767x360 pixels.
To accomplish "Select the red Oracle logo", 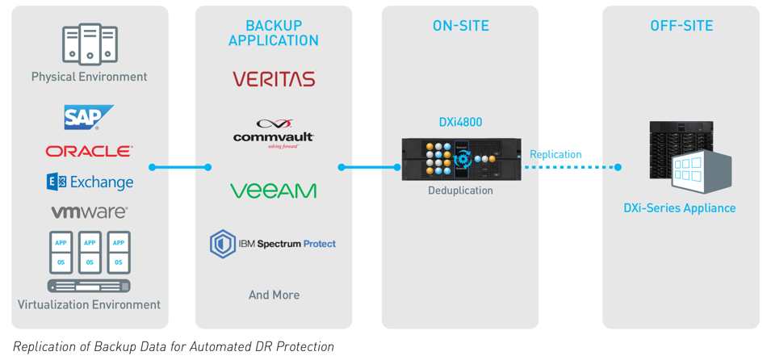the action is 89,151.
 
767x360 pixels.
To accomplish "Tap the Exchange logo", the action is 90,182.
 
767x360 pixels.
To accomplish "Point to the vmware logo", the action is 90,211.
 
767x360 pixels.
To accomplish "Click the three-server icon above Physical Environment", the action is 90,44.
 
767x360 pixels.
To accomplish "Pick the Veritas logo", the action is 274,79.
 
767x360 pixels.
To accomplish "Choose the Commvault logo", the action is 274,133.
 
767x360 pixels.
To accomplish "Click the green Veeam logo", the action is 274,190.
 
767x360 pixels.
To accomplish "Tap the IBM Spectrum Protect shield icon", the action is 223,244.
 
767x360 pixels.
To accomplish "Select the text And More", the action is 274,295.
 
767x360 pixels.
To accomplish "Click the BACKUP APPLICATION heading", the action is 274,33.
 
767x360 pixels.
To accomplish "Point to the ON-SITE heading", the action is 460,26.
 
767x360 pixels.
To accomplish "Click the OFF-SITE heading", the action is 681,26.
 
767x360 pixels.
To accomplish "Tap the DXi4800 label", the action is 460,122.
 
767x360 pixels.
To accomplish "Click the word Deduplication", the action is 460,190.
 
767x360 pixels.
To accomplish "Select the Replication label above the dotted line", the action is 555,154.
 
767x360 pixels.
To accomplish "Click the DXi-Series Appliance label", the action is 680,208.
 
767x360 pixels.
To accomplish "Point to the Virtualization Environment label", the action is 89,304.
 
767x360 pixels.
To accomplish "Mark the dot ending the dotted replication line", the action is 618,167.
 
